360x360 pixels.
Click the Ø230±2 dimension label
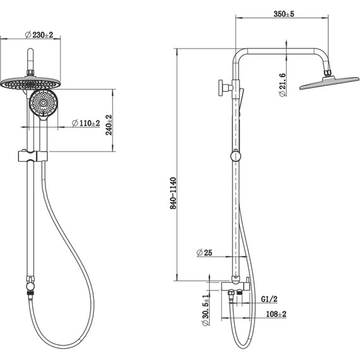point(39,35)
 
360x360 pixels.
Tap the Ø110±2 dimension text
point(86,123)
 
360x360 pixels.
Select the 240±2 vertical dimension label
point(109,125)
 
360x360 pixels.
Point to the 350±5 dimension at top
point(284,14)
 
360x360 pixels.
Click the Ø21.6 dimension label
point(282,85)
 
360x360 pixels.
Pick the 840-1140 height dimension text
point(173,193)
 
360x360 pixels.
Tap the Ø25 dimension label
point(205,253)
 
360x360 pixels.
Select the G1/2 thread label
point(269,299)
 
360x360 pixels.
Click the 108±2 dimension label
point(276,314)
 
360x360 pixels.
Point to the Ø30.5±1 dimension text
point(205,310)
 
